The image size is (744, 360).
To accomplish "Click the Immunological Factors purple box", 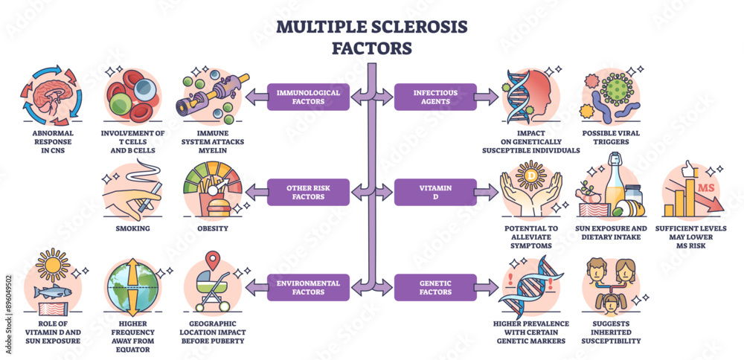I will pos(307,97).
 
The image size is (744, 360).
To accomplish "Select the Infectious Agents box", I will pos(435,97).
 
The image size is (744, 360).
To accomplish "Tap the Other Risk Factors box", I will pos(307,192).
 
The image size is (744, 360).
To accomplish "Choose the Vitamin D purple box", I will pos(435,192).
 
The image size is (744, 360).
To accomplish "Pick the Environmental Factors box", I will pos(307,288).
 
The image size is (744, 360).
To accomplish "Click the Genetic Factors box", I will pos(435,288).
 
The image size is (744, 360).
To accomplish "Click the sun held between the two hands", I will pos(531,176).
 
